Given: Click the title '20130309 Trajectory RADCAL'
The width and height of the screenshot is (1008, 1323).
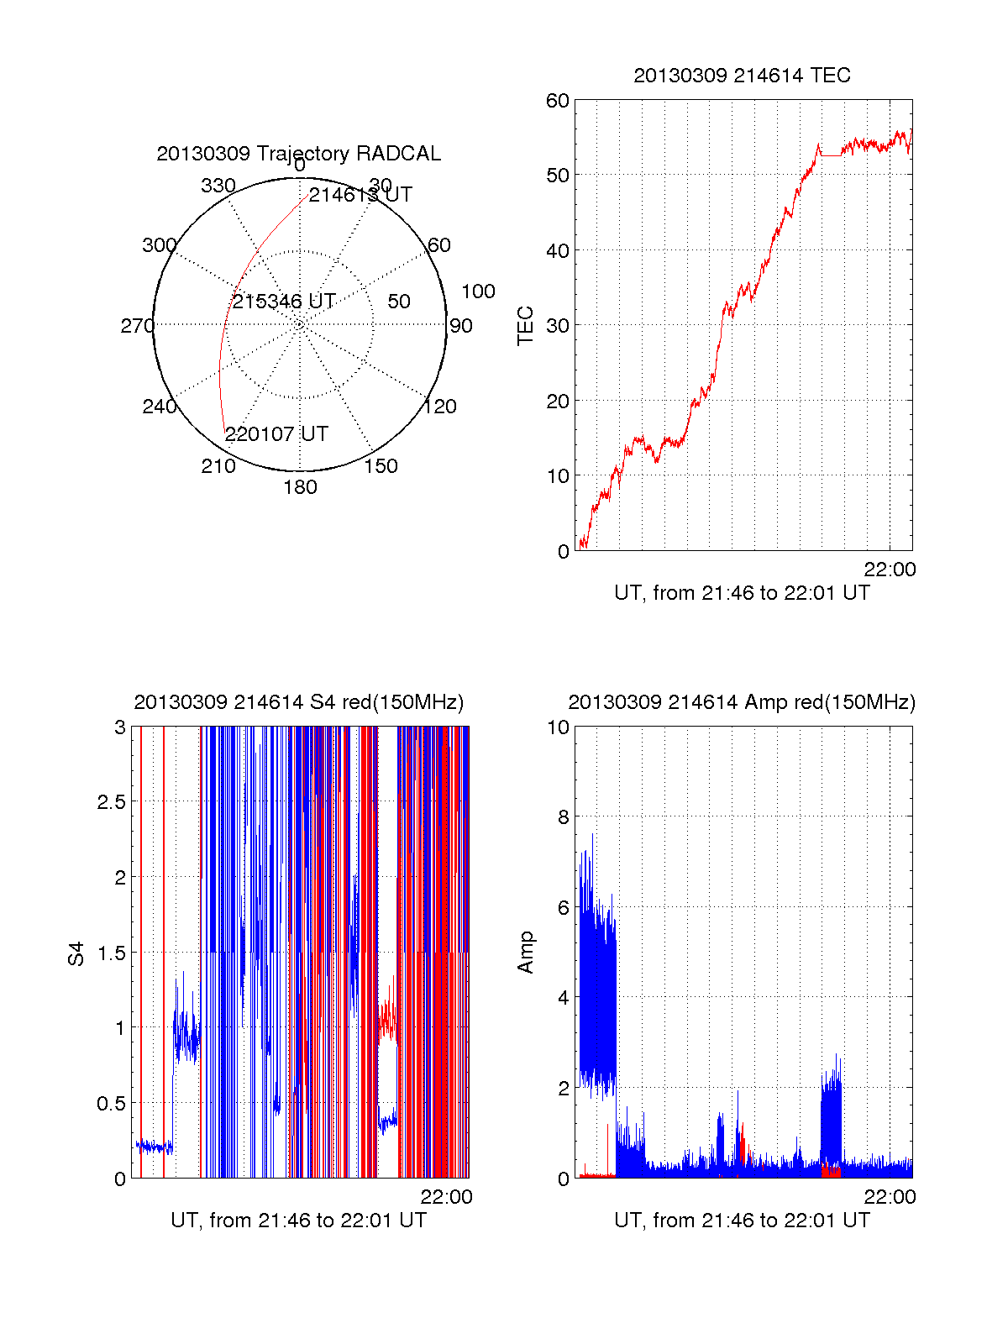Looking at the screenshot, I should [298, 154].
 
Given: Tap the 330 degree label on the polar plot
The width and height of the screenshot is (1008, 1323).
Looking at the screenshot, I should [218, 186].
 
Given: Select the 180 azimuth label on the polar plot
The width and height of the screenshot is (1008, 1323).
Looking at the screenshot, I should [300, 487].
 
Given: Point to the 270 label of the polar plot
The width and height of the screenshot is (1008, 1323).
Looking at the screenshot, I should [137, 326].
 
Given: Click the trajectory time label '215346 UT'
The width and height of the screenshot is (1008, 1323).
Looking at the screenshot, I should [284, 302].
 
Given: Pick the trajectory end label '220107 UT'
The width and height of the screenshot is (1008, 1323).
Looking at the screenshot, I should [276, 434].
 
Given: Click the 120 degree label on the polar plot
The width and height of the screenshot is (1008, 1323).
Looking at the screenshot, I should [440, 407].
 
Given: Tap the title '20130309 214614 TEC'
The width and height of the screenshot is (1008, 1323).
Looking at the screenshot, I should [742, 76].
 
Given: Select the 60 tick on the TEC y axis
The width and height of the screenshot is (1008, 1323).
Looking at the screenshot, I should [558, 101].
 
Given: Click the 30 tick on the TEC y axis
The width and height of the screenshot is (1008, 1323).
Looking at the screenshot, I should [558, 326].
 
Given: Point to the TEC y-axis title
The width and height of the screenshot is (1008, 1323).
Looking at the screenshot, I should [526, 326].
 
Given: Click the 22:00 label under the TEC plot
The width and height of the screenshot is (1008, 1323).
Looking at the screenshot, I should [890, 570].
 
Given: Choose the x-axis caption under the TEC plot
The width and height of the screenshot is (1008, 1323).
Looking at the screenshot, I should [742, 593].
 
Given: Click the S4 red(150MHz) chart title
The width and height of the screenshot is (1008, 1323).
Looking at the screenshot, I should [298, 702].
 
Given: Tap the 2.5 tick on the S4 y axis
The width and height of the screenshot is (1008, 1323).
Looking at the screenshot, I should [112, 802].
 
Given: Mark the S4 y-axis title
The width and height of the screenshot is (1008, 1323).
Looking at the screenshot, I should [76, 953].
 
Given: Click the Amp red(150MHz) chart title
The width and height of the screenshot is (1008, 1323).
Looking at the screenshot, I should [742, 702].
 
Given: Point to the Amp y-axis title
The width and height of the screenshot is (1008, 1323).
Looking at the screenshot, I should [526, 953].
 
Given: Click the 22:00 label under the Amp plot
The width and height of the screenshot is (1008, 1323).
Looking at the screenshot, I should [890, 1197].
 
